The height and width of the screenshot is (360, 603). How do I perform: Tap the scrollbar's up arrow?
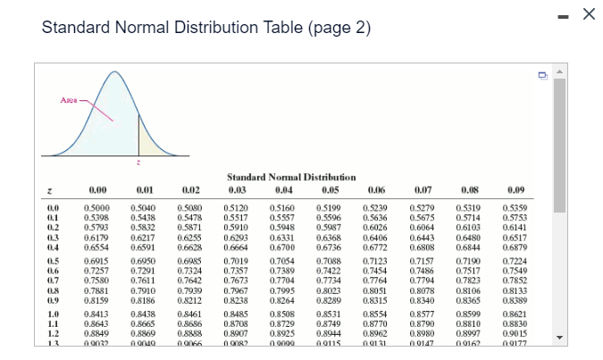point(560,70)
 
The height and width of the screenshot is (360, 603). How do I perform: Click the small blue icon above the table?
point(542,76)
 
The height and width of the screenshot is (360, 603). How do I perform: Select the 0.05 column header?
point(331,189)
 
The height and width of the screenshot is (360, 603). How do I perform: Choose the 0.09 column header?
point(516,189)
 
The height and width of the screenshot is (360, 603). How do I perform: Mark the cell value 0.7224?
point(516,259)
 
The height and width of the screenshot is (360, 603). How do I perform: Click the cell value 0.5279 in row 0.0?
point(423,207)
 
